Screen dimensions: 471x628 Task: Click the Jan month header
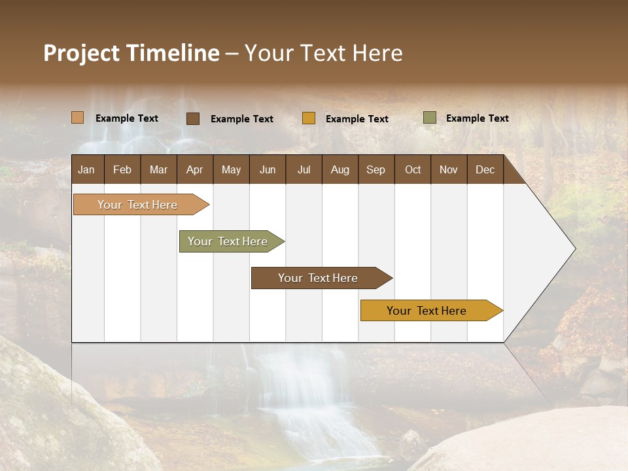coord(86,169)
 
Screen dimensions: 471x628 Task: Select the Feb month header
coord(122,169)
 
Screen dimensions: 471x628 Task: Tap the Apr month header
coord(194,169)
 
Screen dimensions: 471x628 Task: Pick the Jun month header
coord(268,169)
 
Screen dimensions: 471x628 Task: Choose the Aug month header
coord(340,169)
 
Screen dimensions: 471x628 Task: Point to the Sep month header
coord(375,169)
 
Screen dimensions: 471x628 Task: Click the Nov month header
coord(448,169)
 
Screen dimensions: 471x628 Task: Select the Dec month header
coord(485,169)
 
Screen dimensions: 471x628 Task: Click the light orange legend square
coord(78,118)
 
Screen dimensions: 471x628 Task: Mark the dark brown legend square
coord(193,118)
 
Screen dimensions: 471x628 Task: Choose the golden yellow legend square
coord(309,118)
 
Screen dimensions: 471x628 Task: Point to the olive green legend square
coord(429,118)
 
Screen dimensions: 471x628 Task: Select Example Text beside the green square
coord(477,118)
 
